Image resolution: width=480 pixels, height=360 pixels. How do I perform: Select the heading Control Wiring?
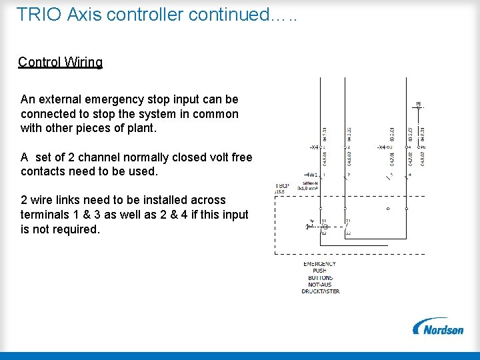(x=60, y=62)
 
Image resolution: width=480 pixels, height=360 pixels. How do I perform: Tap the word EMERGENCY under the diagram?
(x=320, y=264)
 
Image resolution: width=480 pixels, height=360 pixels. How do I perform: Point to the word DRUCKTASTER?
(x=320, y=291)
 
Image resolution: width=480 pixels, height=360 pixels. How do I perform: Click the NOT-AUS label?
(x=320, y=285)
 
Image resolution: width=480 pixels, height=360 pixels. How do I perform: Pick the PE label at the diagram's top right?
(x=419, y=103)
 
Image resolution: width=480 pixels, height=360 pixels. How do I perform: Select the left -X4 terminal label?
(x=314, y=147)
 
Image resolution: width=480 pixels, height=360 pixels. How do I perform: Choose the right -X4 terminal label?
(x=381, y=147)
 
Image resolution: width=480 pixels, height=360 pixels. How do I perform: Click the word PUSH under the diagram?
(x=320, y=271)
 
